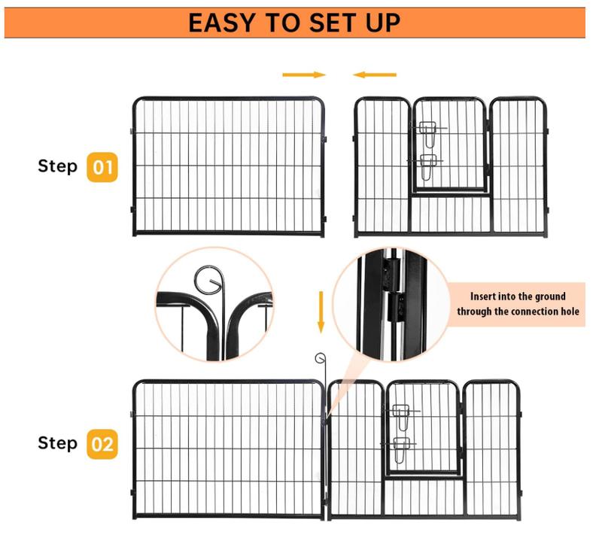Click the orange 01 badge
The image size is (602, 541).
pos(102,167)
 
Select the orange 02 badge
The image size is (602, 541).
pos(102,444)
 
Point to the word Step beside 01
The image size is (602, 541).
pos(58,166)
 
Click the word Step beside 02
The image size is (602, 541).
pos(58,443)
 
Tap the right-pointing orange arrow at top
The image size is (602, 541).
pos(304,75)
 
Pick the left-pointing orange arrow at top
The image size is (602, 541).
pos(375,75)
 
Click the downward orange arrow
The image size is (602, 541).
pos(321,312)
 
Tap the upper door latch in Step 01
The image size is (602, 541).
pos(427,133)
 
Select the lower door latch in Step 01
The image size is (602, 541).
pos(427,166)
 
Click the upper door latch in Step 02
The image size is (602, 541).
pos(402,416)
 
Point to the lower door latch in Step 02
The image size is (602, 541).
pos(400,449)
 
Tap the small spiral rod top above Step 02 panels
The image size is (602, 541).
pos(321,358)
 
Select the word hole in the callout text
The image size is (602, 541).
pos(570,312)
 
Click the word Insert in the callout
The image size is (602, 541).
pos(482,296)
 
